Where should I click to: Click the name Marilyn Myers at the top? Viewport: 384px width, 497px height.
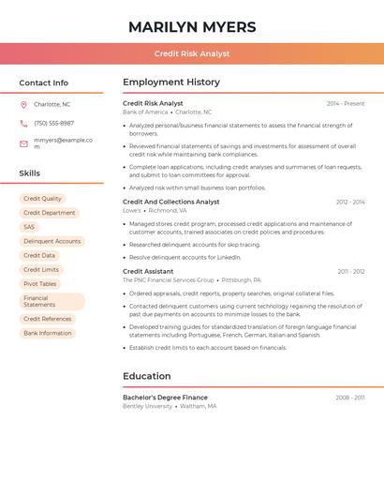[x=192, y=27]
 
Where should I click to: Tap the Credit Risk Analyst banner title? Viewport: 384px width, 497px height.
[x=192, y=54]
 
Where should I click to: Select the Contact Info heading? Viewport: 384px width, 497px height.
[x=43, y=83]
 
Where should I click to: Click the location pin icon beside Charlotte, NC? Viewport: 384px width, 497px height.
[x=23, y=105]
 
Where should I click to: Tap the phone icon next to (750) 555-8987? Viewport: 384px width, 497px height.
[x=23, y=123]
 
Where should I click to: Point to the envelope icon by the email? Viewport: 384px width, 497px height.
[x=23, y=141]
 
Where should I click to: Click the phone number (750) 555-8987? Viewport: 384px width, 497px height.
[x=53, y=123]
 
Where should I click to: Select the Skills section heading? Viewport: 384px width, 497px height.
[x=29, y=173]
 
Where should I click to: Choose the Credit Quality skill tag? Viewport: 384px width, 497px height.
[x=42, y=199]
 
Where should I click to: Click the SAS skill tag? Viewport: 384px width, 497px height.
[x=29, y=227]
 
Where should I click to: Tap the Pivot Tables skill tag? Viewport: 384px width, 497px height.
[x=40, y=284]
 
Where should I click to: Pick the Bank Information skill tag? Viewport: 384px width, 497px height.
[x=48, y=333]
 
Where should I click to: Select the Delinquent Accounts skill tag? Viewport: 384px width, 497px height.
[x=52, y=241]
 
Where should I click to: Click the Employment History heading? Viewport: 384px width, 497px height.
[x=171, y=83]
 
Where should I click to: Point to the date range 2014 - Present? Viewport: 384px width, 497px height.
[x=346, y=103]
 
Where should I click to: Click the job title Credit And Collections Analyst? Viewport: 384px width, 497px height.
[x=170, y=202]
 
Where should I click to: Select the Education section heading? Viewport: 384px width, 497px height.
[x=146, y=376]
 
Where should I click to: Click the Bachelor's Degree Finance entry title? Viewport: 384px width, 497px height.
[x=165, y=398]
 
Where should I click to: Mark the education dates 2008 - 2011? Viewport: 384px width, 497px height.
[x=350, y=398]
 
